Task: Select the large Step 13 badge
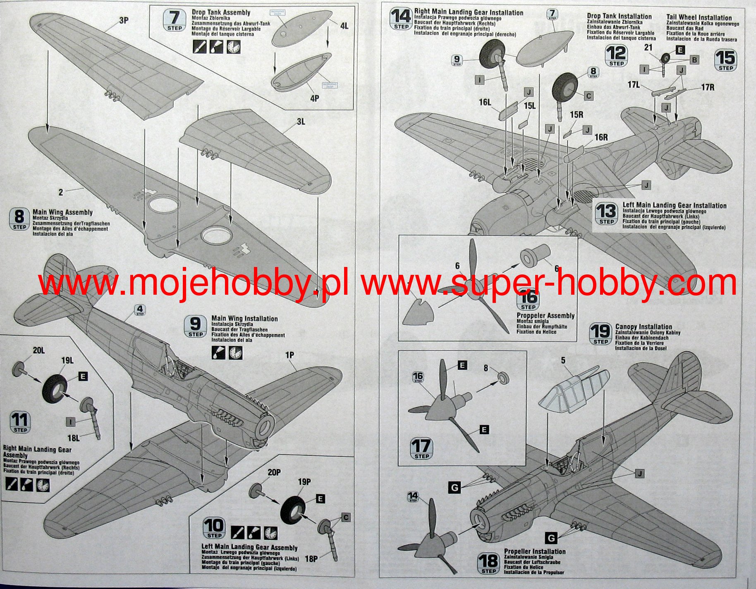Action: (606, 214)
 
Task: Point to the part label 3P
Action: (124, 20)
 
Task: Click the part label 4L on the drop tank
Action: (344, 26)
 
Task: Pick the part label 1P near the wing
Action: (289, 355)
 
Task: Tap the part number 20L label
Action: (38, 351)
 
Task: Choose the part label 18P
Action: (311, 559)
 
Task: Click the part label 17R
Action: (707, 87)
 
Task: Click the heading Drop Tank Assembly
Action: (221, 12)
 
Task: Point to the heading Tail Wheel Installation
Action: (699, 17)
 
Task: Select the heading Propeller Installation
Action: (534, 551)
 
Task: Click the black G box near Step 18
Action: (551, 538)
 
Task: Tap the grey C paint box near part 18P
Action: (346, 517)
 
